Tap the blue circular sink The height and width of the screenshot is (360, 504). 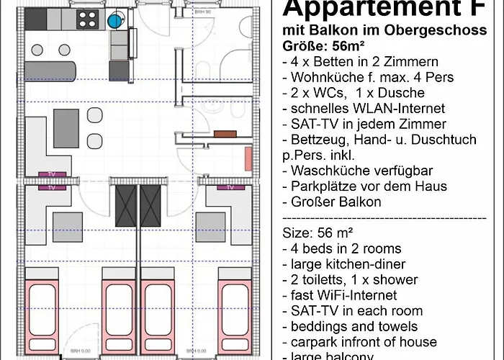pos(116,21)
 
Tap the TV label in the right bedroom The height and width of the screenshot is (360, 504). pos(230,187)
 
